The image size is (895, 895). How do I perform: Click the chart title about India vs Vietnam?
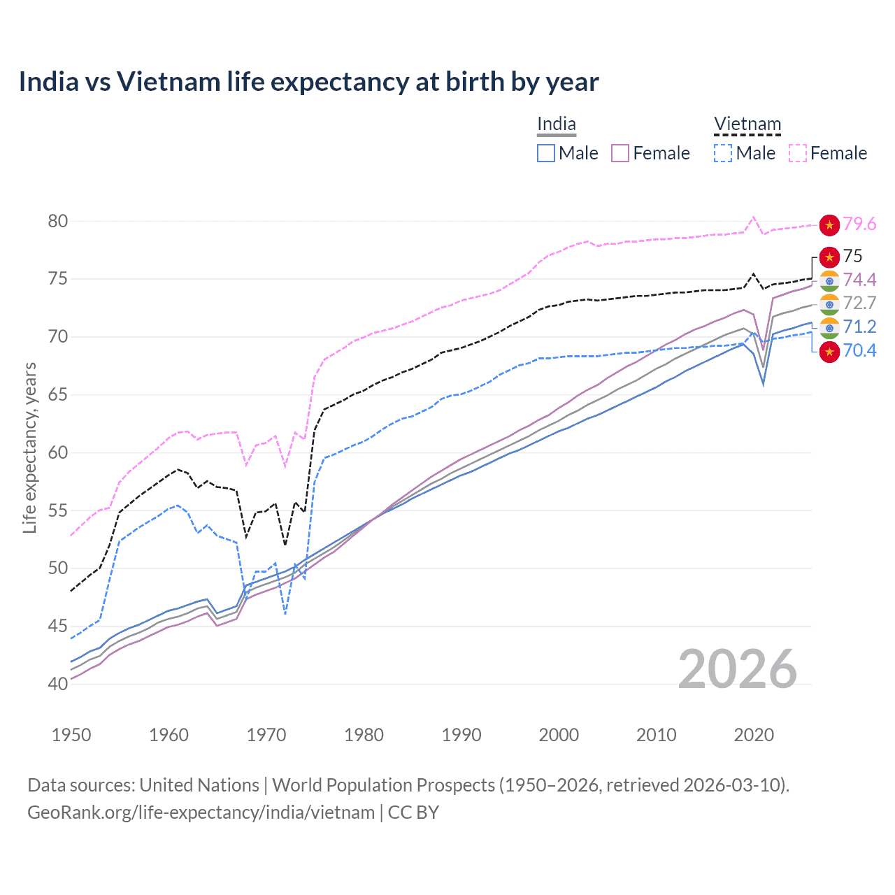point(308,82)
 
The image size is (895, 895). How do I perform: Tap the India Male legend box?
point(546,153)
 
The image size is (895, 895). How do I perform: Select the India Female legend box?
point(620,153)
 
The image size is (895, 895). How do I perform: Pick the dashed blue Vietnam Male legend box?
point(723,153)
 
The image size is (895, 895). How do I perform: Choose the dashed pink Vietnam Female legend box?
point(798,153)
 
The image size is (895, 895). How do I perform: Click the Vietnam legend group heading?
point(747,124)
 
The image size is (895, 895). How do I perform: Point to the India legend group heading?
point(556,124)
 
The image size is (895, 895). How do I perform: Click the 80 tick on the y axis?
point(58,221)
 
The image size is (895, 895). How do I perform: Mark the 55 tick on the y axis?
point(58,510)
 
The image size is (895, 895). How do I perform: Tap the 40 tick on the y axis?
point(58,684)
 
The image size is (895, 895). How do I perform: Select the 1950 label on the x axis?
point(71,735)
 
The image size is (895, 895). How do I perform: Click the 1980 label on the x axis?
point(364,735)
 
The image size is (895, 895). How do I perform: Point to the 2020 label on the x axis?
point(754,735)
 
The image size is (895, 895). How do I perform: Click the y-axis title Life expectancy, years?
point(29,447)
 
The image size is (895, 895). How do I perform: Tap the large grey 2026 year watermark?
point(738,669)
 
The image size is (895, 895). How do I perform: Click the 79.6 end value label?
point(859,224)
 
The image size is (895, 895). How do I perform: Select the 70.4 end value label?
point(859,350)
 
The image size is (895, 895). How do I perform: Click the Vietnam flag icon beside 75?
point(829,257)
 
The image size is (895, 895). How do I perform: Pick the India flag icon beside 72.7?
point(829,303)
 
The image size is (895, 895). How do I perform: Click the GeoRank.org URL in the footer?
point(201,812)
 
